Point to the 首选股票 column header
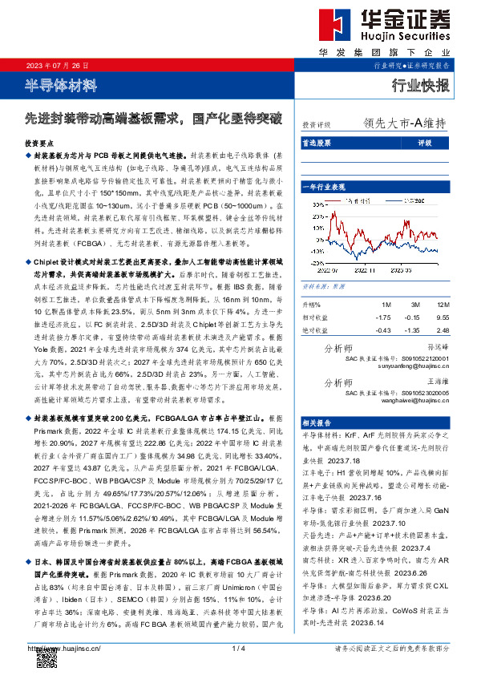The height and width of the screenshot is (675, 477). click(x=317, y=143)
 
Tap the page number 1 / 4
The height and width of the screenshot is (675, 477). click(x=237, y=648)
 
